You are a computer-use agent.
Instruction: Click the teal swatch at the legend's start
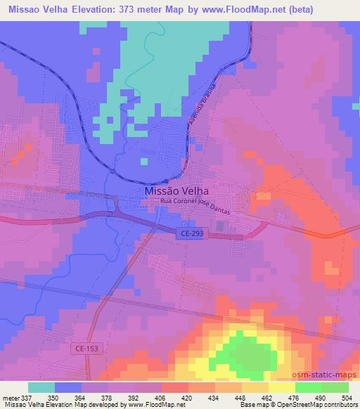[x=41, y=387]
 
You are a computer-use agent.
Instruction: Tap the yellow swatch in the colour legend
[x=282, y=387]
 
